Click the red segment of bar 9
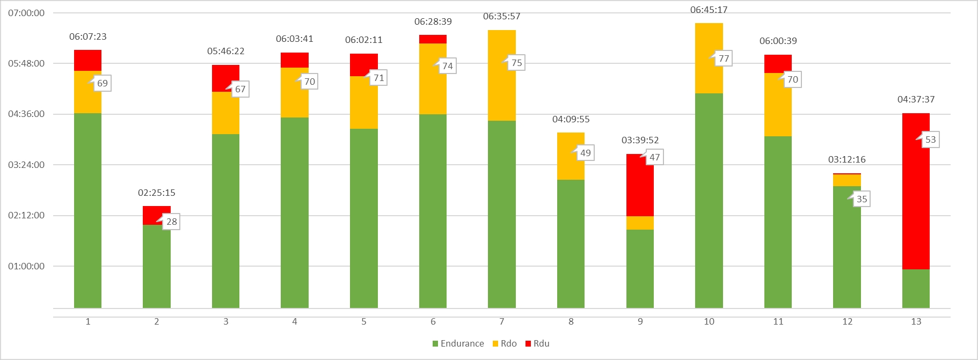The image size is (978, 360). click(640, 185)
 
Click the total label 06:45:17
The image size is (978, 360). click(709, 10)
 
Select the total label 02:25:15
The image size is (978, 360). click(156, 193)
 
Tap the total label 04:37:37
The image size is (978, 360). click(916, 99)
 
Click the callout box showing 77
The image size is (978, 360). click(724, 58)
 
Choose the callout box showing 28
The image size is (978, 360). click(171, 222)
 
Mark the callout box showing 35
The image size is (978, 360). click(862, 199)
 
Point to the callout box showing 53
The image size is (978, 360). click(930, 139)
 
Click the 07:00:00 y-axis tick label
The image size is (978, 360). click(26, 13)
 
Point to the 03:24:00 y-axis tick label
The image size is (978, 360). click(26, 165)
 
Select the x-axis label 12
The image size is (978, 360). click(847, 321)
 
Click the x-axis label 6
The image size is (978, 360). click(433, 321)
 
